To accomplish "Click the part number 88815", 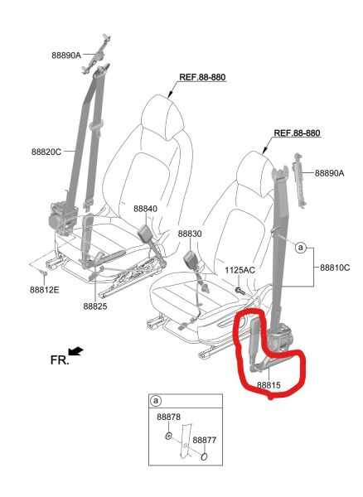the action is coord(269,385).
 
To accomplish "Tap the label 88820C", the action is coord(46,152).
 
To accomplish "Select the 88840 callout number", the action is coord(145,209).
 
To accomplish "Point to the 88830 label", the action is coord(190,234).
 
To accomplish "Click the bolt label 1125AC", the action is coord(240,270).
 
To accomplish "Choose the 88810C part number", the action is coord(335,268).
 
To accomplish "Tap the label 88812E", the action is coord(45,290).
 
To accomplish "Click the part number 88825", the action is coord(95,306).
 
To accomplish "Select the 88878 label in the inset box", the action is coord(168,417).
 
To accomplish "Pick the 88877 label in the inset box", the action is coord(205,440).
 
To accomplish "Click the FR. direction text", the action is coord(60,359).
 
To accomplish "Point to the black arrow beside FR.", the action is coord(75,351).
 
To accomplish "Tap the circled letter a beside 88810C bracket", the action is coord(301,248).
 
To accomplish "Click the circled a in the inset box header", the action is coord(156,401).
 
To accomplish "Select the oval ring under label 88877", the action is coord(205,456).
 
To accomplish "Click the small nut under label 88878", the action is coord(169,437).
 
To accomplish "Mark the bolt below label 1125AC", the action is coord(239,290).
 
